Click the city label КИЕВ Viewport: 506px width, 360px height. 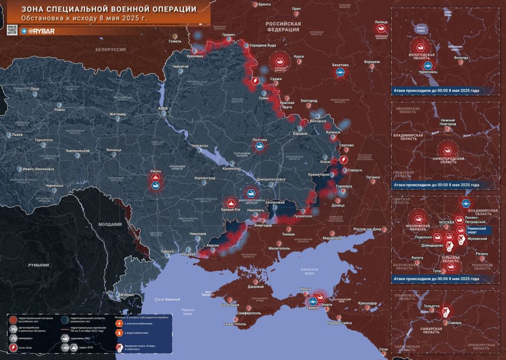[x=162, y=108]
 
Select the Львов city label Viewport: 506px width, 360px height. [x=17, y=135]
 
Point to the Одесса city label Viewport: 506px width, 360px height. [x=167, y=252]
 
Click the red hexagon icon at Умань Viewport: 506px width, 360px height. [x=156, y=178]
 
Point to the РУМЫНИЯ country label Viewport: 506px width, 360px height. [x=38, y=265]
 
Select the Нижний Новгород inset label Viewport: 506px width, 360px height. [x=444, y=123]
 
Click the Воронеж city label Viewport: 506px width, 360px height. [x=371, y=62]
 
